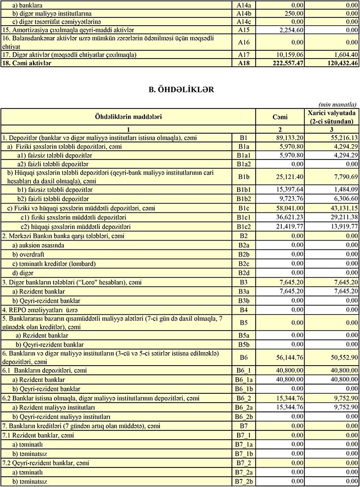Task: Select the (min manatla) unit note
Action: click(338, 104)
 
